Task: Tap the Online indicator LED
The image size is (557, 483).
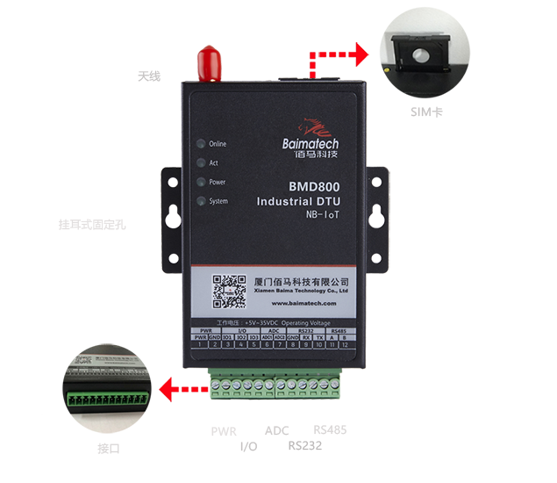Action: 201,143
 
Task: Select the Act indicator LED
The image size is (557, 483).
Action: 201,162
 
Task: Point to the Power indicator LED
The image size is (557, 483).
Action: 201,182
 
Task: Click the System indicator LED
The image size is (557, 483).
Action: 201,201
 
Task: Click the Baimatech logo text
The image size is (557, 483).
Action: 311,144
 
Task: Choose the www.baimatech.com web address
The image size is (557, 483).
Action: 304,302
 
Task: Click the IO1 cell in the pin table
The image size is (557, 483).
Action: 226,337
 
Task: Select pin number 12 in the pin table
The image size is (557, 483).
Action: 345,344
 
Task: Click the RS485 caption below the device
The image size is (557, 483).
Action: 329,429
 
